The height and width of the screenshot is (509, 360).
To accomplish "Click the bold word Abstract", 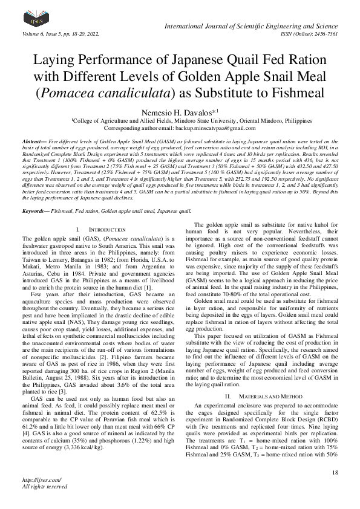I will click(x=34, y=139).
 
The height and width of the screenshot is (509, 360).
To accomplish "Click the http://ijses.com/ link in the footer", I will click(x=36, y=479).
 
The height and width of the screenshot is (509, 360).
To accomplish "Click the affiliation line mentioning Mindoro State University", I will click(x=180, y=121).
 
